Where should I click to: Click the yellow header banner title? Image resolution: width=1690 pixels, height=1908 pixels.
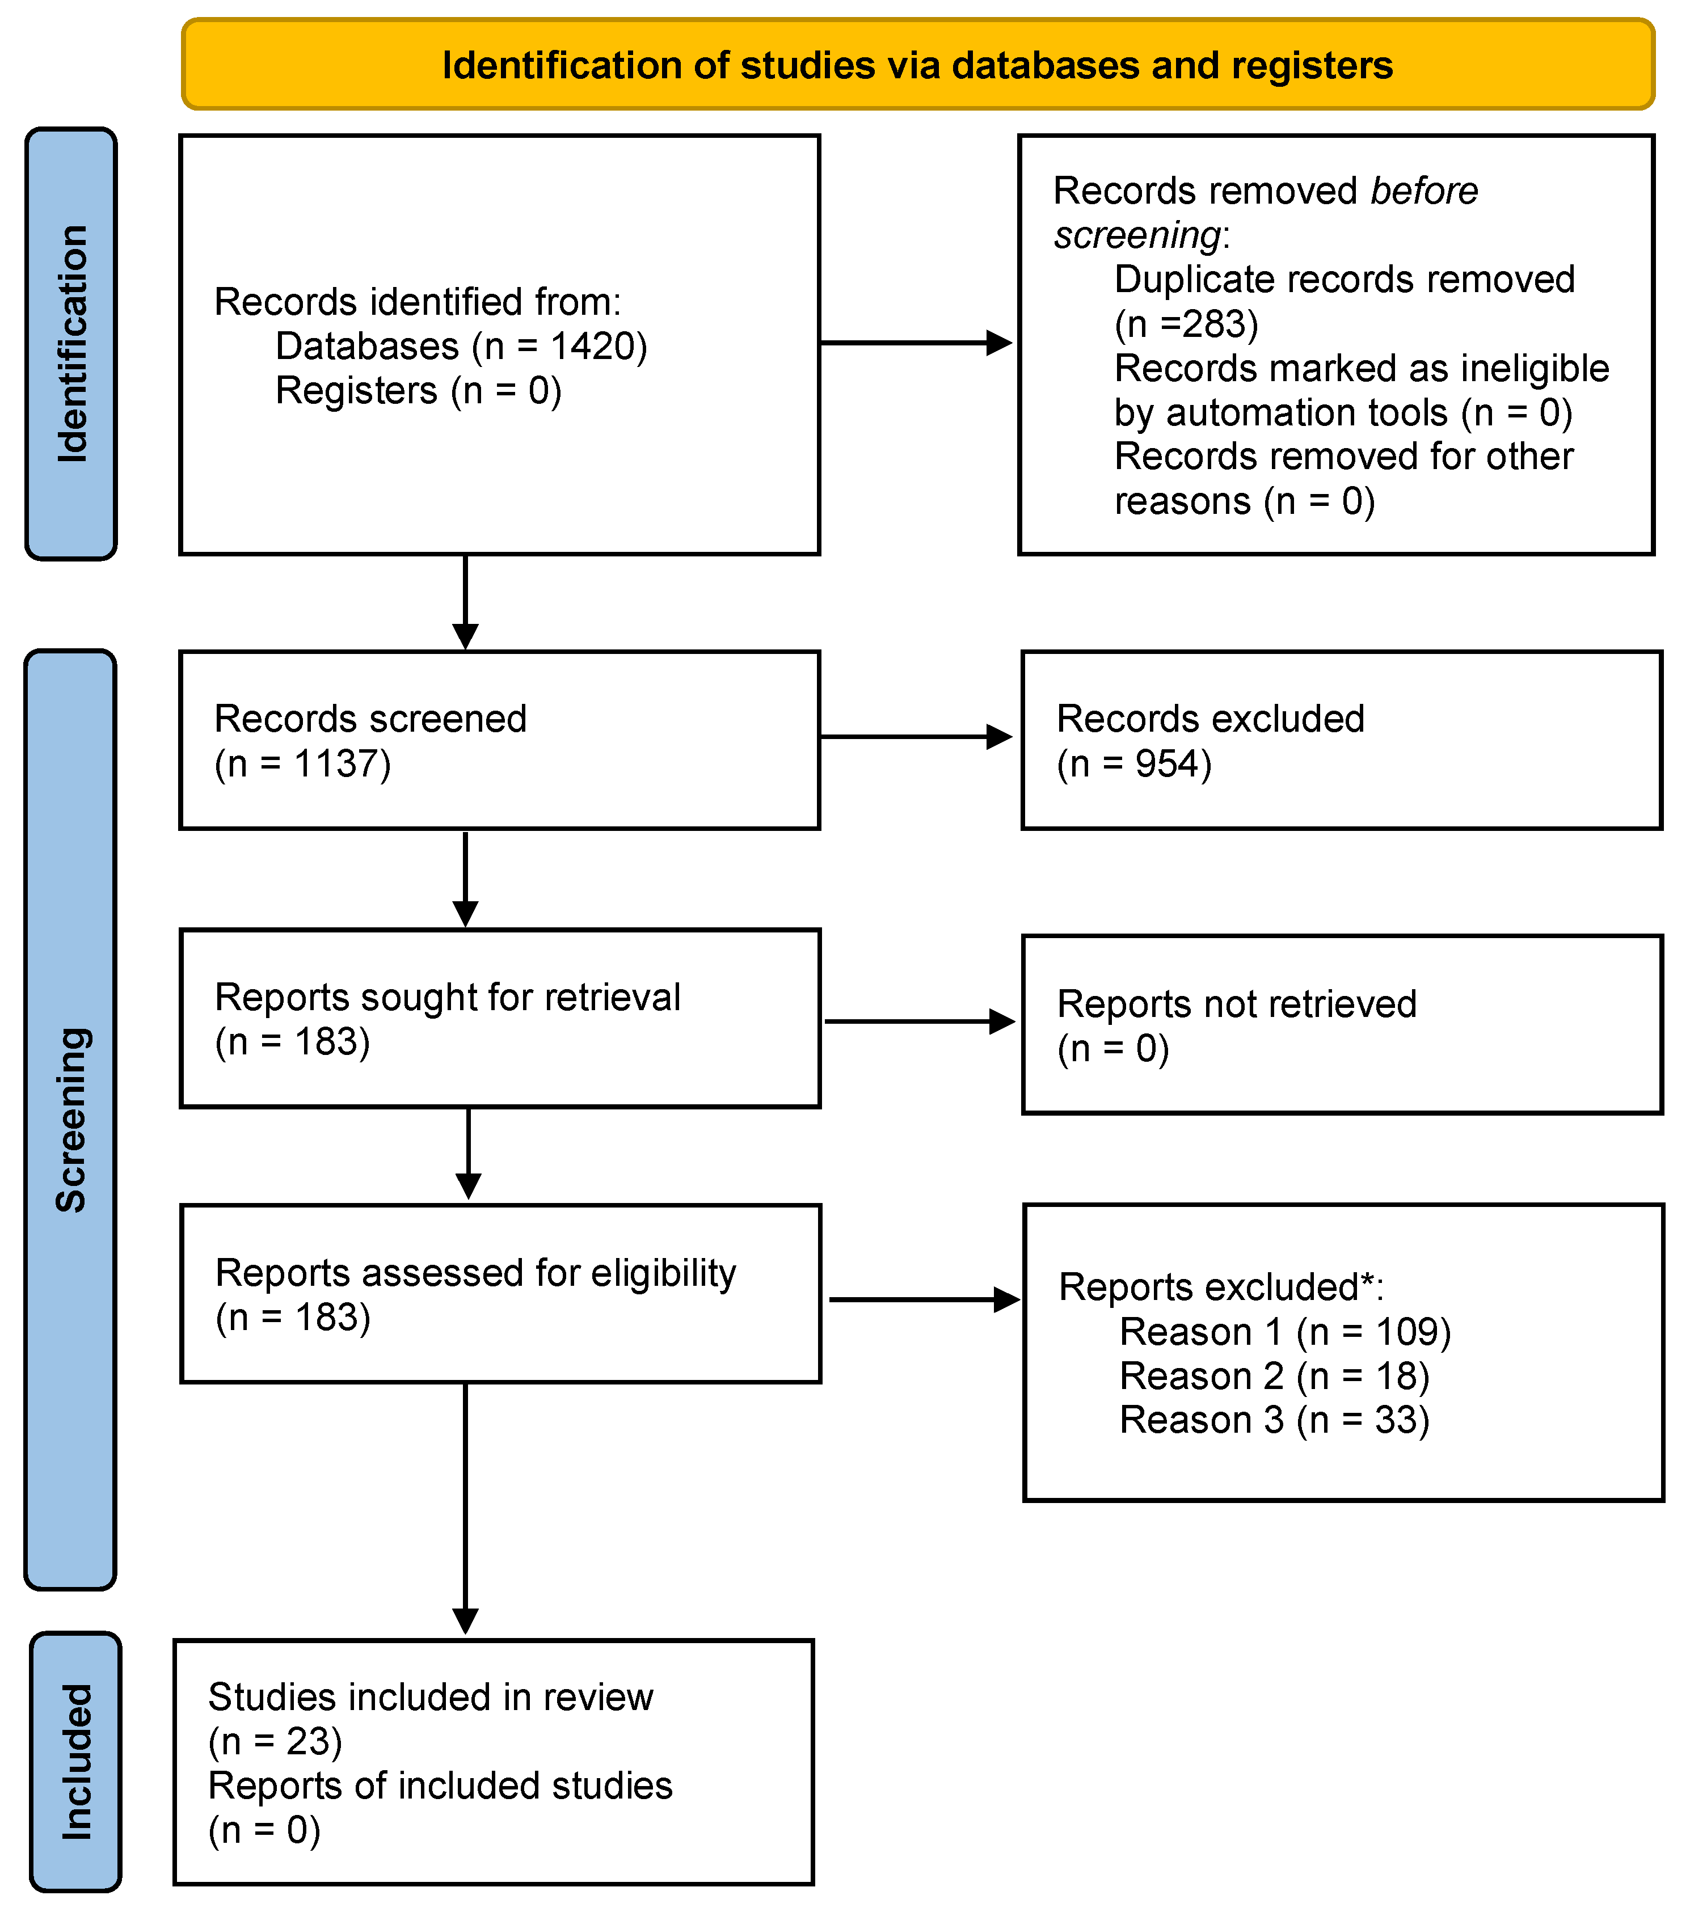[x=917, y=65]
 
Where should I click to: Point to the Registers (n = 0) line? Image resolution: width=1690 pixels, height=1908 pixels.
[x=418, y=390]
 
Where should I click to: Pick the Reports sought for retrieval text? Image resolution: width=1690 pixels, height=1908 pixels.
[x=447, y=997]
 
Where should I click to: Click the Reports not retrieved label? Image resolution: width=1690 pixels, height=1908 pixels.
[x=1236, y=1003]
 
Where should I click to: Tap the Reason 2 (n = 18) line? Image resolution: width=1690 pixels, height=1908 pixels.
[x=1274, y=1376]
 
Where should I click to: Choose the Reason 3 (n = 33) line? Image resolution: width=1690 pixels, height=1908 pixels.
[x=1274, y=1420]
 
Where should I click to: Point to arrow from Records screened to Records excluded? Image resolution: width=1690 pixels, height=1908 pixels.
[x=915, y=737]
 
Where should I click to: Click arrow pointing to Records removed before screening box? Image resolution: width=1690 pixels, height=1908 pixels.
[x=915, y=343]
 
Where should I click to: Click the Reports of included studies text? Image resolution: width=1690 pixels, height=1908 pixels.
[x=440, y=1785]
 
